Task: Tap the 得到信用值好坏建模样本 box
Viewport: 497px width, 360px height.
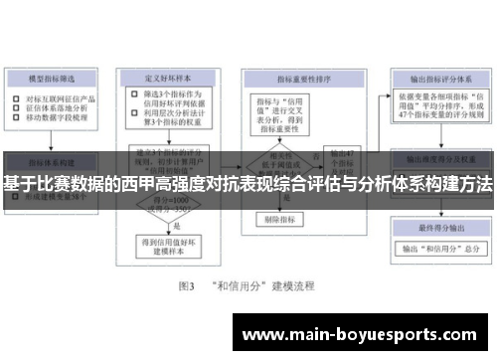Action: [167, 245]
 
